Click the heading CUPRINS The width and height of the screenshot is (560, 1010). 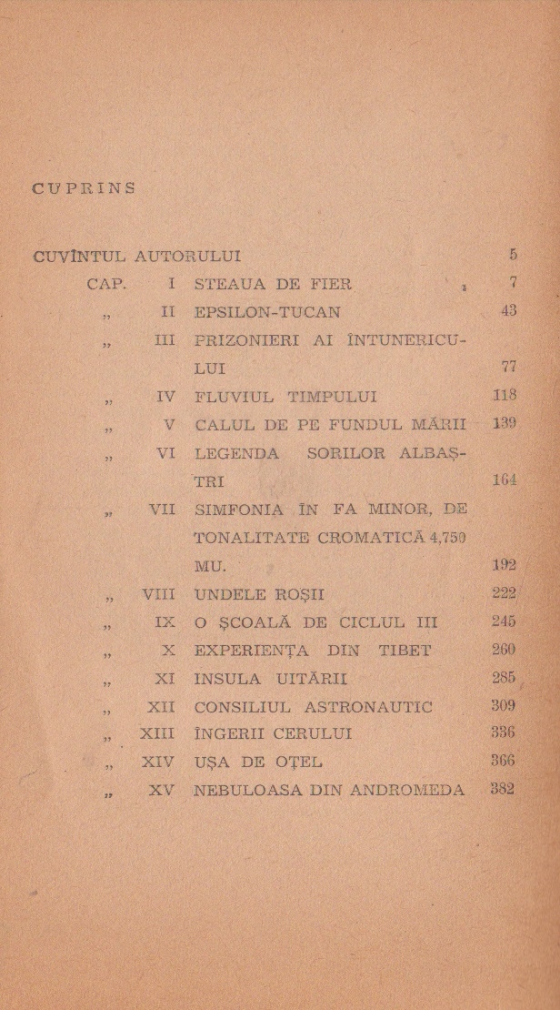coord(83,189)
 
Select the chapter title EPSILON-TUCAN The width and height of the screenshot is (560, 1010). coord(267,312)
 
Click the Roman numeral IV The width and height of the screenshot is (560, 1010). coord(165,397)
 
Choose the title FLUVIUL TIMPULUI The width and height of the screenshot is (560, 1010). coord(285,397)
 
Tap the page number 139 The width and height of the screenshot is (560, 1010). coord(503,424)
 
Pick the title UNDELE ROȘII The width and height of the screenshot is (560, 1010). coord(259,595)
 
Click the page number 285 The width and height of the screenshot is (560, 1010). coord(503,679)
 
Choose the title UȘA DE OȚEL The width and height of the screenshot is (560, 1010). coord(257,763)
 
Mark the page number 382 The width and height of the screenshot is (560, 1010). coord(502,789)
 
